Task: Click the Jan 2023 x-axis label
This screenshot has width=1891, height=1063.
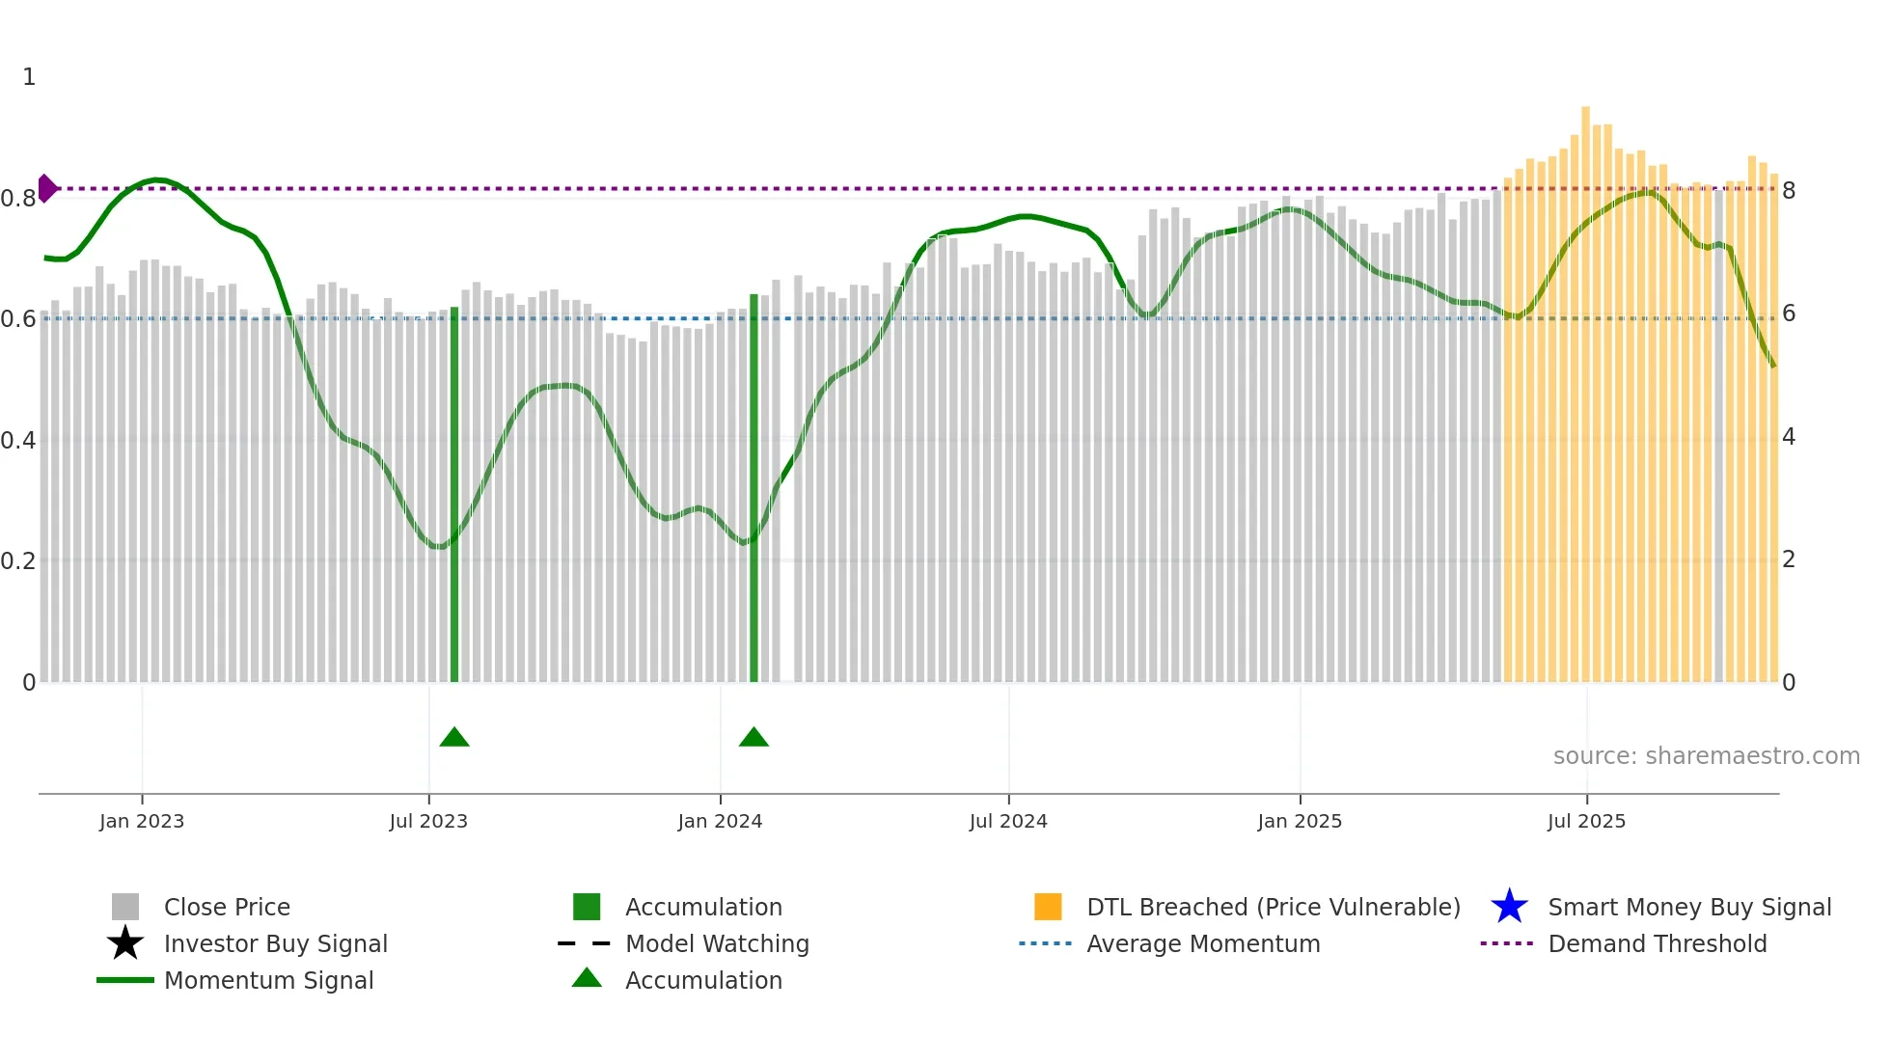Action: point(141,821)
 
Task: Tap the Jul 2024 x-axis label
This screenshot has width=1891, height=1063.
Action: point(1008,821)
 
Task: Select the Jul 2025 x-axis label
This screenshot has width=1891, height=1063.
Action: point(1586,821)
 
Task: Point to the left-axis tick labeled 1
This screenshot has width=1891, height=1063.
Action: point(29,77)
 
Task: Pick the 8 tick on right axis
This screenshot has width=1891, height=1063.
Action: point(1789,191)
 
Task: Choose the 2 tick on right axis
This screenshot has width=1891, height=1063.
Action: point(1789,559)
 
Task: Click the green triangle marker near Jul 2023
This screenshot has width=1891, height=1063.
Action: point(454,738)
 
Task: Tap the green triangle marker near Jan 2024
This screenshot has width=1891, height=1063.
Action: point(754,738)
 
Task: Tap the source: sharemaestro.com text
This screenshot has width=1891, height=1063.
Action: point(1706,756)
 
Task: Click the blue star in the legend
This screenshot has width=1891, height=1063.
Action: point(1509,907)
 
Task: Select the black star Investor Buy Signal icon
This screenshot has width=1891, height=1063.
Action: point(125,943)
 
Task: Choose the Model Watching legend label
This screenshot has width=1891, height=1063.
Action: point(717,943)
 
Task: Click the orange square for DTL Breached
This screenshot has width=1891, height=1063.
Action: point(1048,907)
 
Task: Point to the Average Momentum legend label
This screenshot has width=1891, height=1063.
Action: point(1203,943)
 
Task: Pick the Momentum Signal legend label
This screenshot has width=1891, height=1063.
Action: point(268,980)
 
